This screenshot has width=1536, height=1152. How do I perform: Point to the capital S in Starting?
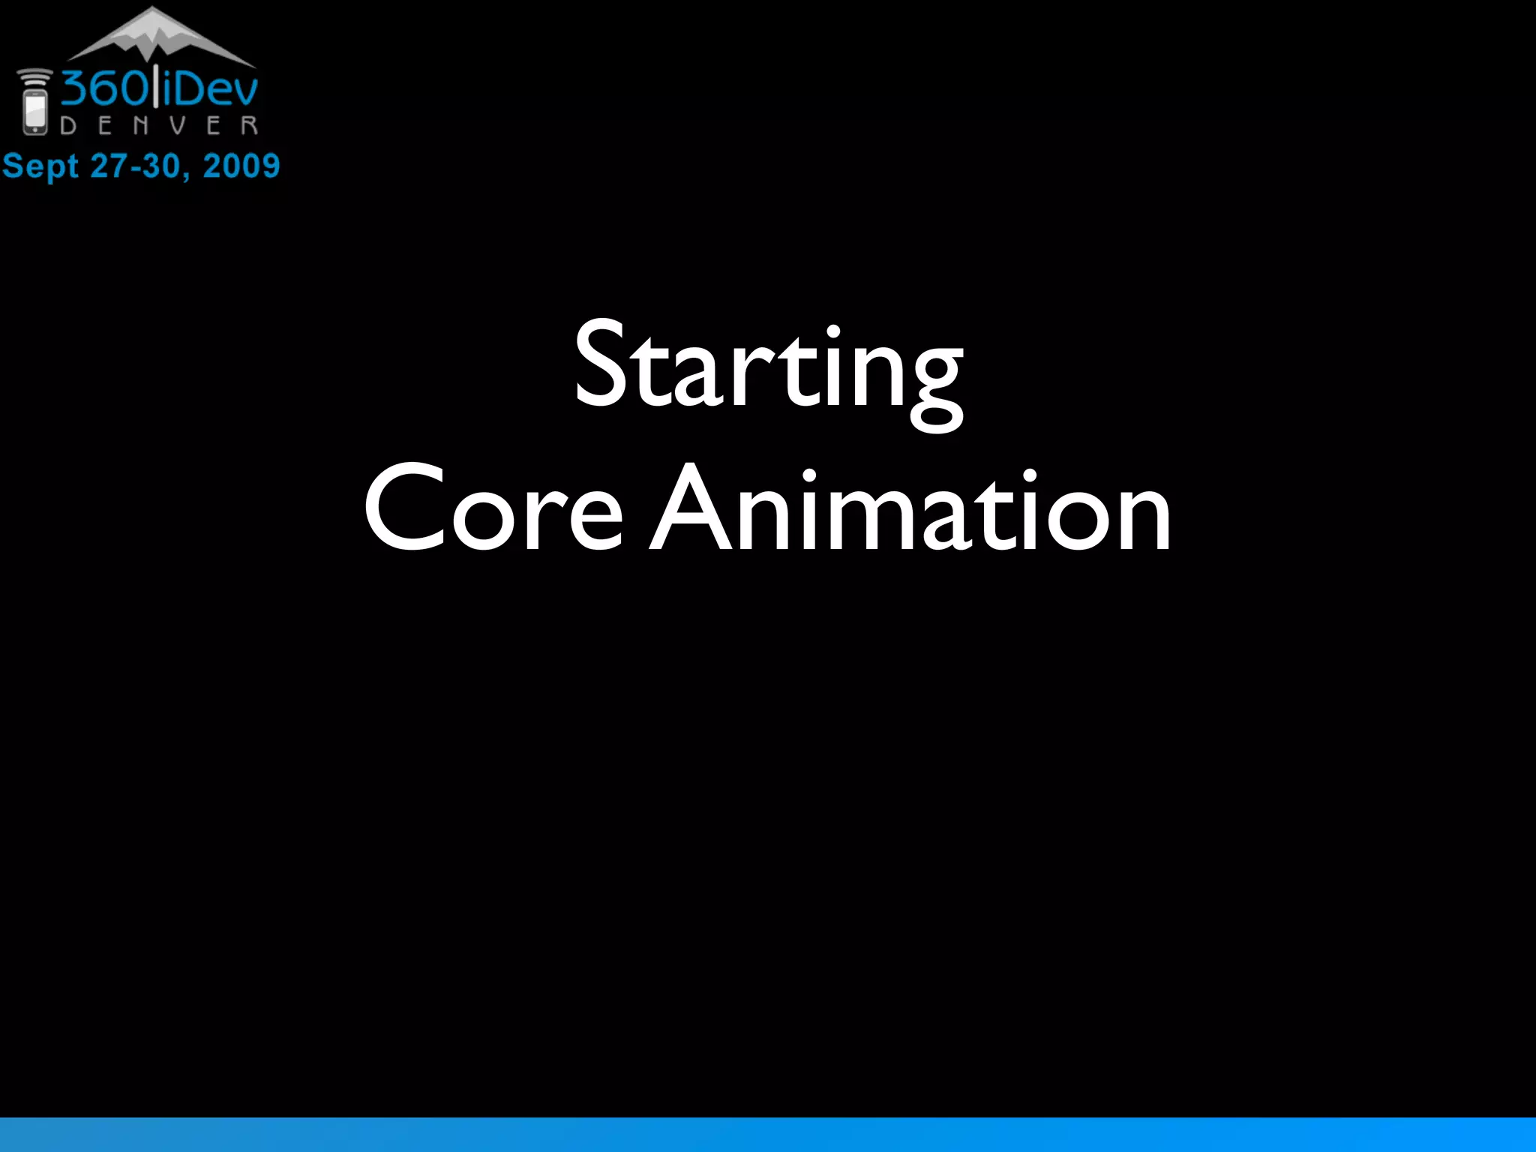600,364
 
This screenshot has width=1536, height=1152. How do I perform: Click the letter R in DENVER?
250,125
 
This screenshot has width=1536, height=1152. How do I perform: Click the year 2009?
241,166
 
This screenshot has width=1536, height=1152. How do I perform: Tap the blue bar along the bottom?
768,1134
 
